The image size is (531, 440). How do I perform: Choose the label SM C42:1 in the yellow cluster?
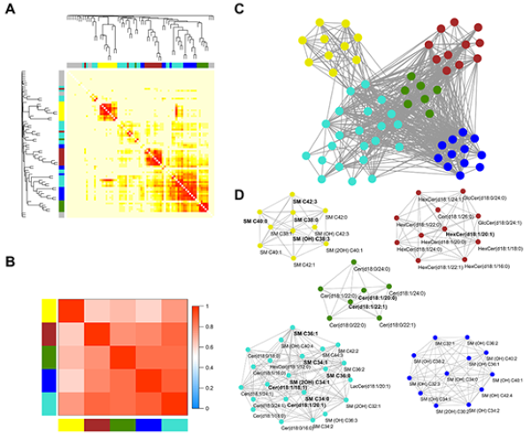(302, 265)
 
